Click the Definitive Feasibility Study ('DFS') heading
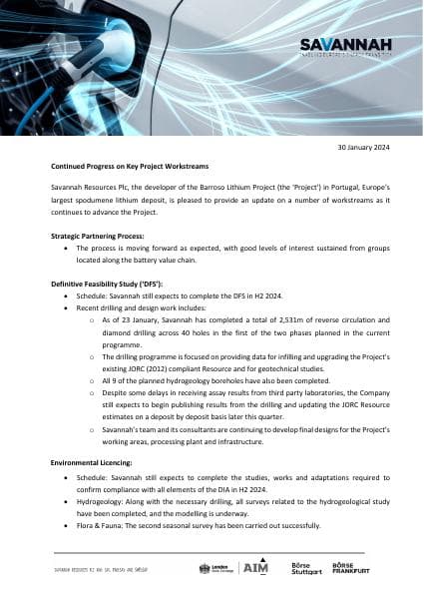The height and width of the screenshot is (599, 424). (107, 285)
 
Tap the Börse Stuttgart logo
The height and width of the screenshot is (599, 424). (305, 568)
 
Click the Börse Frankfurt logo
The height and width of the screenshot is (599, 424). (352, 568)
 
